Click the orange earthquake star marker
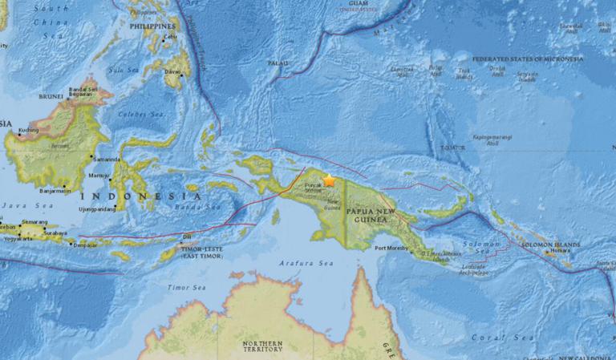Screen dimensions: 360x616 [329, 181]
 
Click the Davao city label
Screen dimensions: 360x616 [172, 71]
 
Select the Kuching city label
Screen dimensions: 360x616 [29, 130]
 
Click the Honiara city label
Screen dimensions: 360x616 [559, 251]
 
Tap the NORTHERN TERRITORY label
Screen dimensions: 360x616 [262, 346]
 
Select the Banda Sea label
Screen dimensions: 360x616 [203, 207]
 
